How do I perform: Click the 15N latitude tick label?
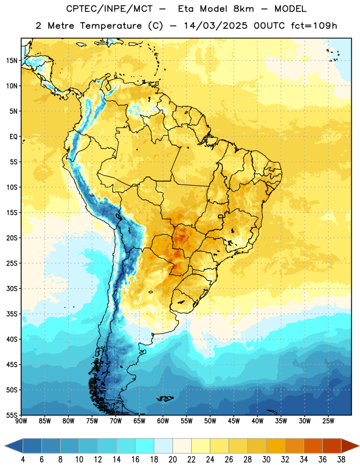click(12, 61)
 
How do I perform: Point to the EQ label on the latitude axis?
click(13, 137)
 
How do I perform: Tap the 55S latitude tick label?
click(12, 415)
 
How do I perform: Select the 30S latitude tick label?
click(12, 288)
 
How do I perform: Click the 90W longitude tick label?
click(21, 421)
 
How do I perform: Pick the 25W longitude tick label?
click(328, 421)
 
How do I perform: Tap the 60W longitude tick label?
click(163, 421)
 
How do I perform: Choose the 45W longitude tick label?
click(234, 421)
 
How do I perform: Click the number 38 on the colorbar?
click(341, 460)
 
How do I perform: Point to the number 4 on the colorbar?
click(23, 460)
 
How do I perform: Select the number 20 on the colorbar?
click(172, 460)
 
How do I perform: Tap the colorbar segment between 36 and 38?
click(332, 446)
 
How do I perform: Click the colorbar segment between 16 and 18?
click(145, 446)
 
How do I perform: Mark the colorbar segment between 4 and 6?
click(33, 446)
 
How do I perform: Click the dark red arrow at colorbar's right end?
click(350, 446)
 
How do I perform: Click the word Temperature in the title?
click(111, 26)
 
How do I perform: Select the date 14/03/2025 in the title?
click(216, 26)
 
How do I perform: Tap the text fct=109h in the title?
click(314, 26)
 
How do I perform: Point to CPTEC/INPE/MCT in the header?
click(110, 9)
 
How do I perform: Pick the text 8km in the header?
click(243, 9)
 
